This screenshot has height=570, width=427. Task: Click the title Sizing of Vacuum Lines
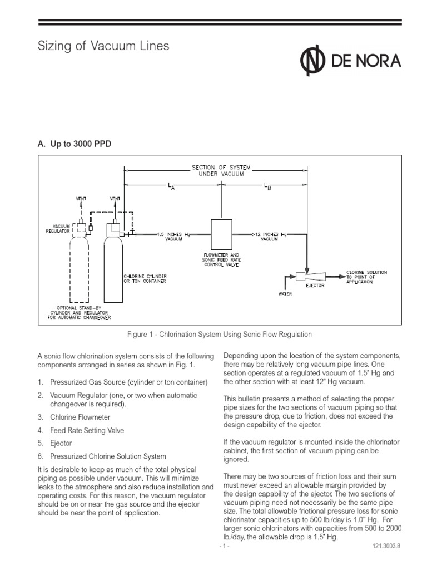tap(103, 46)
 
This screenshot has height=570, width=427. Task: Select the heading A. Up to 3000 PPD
tap(75, 144)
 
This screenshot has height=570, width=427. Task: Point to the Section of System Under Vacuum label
tap(222, 169)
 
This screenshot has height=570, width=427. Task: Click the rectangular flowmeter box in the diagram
tap(222, 234)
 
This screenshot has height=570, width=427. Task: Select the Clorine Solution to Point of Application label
tap(366, 276)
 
